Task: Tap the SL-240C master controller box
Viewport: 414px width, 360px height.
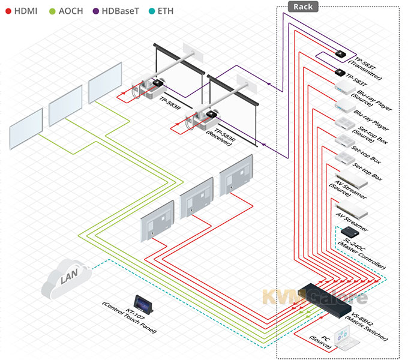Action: click(349, 231)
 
